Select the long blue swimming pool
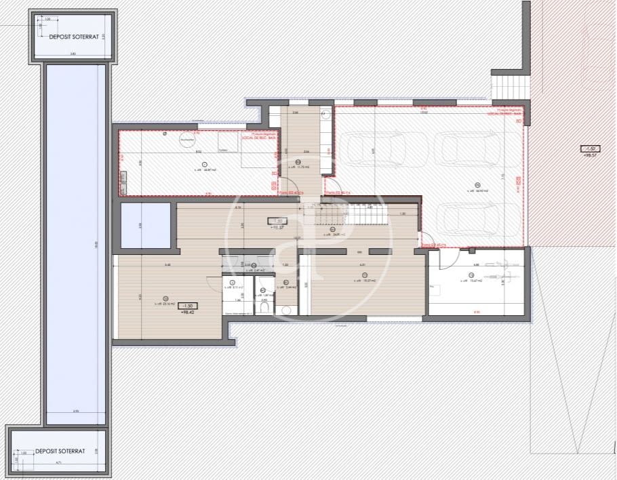click(x=77, y=244)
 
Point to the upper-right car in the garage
click(x=467, y=147)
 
